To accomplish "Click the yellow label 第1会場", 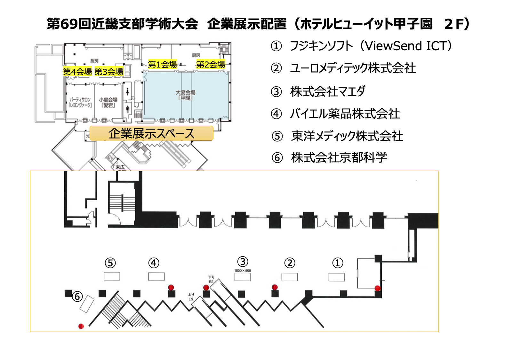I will tap(162, 64).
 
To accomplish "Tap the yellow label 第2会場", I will tap(211, 64).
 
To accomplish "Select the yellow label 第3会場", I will tap(109, 72).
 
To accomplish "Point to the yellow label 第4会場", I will tap(77, 72).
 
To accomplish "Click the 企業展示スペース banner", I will tap(151, 133).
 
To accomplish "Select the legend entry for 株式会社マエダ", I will tap(328, 92).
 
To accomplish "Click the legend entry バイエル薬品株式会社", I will tap(345, 114).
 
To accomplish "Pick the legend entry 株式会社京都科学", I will tap(339, 157).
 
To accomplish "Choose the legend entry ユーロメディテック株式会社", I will tap(353, 68).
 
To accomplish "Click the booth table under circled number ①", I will tap(337, 277).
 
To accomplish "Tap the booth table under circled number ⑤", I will tap(112, 276).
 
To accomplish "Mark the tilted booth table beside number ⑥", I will tap(87, 304).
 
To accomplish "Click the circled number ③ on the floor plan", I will tap(243, 261).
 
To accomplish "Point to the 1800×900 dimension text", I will tap(243, 271).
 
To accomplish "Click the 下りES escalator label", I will tap(211, 279).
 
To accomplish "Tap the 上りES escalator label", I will tap(191, 297).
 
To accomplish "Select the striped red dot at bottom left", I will tap(81, 326).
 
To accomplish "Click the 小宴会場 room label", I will tap(108, 102).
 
